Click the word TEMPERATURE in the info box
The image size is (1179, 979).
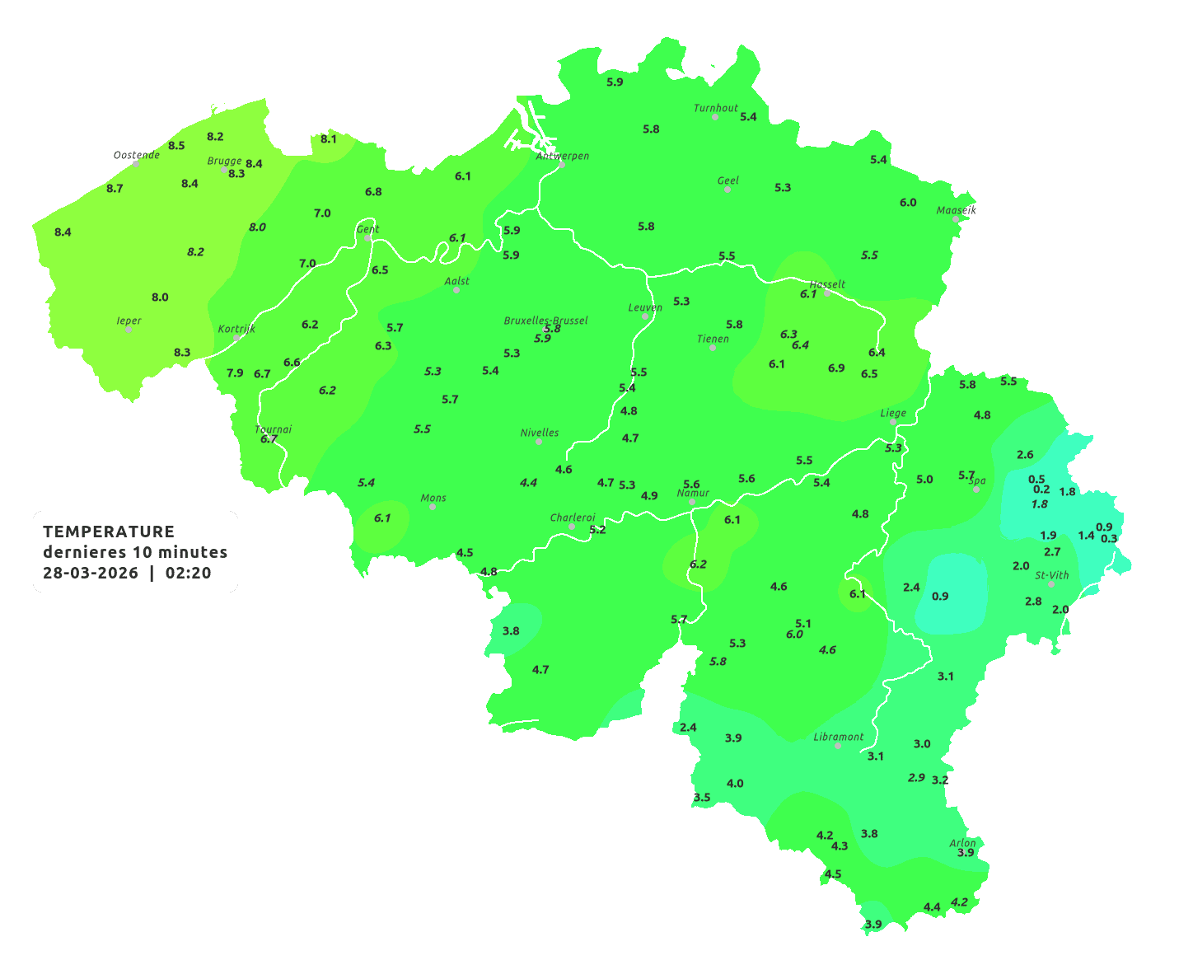(x=109, y=532)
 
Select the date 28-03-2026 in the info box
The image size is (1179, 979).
(x=91, y=574)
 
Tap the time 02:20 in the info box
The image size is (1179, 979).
(x=189, y=574)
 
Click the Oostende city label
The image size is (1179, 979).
(x=136, y=155)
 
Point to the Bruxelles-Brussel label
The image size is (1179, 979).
(x=545, y=320)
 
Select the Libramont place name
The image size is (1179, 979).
(x=838, y=737)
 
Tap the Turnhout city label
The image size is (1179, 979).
(x=715, y=108)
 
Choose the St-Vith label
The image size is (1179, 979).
(x=1051, y=575)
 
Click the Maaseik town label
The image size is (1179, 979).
(x=956, y=210)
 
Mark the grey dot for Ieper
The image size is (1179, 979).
(x=129, y=330)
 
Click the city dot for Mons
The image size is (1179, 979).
(x=433, y=507)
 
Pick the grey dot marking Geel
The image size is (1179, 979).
(x=728, y=190)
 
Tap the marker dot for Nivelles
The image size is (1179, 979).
(x=539, y=442)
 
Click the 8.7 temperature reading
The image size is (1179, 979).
(x=115, y=189)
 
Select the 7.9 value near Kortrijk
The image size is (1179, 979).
(x=235, y=373)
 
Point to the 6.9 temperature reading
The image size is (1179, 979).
(x=836, y=368)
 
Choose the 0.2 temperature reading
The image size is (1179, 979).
(x=1041, y=489)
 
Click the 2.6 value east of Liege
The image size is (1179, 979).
(x=1025, y=455)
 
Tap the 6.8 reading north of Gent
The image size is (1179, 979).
(x=373, y=192)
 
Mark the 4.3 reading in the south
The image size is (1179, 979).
(x=840, y=846)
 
